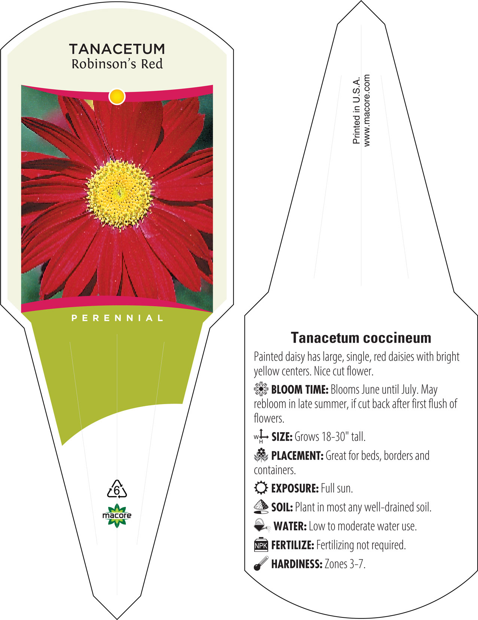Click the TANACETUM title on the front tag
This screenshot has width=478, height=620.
117,49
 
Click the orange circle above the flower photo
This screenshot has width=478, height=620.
117,96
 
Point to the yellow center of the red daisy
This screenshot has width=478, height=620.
120,194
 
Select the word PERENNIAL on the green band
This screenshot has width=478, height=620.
117,318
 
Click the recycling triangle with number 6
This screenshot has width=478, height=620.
117,489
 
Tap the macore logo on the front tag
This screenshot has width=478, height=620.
117,515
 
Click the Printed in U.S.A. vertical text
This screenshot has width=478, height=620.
356,110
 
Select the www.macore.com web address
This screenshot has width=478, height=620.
367,111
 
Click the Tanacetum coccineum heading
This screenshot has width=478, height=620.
361,338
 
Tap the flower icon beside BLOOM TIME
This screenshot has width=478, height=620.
261,389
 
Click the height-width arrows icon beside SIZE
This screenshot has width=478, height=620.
261,436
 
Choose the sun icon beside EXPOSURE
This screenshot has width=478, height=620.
261,488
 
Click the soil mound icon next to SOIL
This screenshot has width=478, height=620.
261,507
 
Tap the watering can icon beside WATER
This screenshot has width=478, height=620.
262,526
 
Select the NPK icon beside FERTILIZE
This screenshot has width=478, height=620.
261,545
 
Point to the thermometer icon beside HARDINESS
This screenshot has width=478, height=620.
261,563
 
